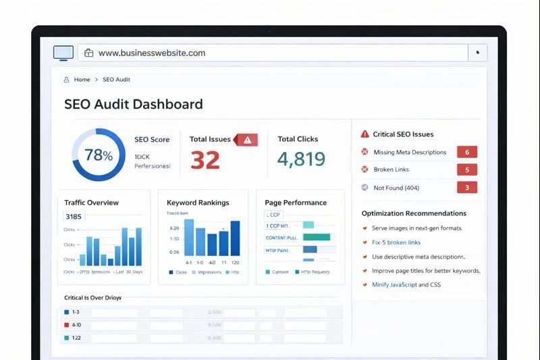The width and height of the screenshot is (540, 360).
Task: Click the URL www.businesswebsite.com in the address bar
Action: point(151,53)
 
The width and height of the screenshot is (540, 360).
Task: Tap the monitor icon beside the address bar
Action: point(63,53)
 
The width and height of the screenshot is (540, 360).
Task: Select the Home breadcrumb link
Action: point(82,80)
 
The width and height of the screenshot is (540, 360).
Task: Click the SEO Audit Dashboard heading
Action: point(133,105)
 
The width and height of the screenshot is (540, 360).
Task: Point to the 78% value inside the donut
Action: point(99,155)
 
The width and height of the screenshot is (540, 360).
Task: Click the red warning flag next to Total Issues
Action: point(246,140)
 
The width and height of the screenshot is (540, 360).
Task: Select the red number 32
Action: point(205,159)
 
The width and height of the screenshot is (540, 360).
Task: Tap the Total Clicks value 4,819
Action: point(301,159)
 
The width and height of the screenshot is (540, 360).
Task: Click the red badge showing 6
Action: point(467,152)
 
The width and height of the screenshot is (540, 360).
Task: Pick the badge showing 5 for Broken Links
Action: point(467,170)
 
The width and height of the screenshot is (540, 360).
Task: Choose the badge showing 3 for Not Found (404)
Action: point(467,188)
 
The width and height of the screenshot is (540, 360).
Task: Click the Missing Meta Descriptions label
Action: point(410,152)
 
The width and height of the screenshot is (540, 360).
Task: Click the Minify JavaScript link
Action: point(395,285)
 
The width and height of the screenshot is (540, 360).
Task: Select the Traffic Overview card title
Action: point(91,203)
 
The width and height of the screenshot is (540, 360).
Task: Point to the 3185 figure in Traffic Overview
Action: point(73,217)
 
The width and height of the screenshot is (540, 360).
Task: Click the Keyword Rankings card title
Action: point(198,203)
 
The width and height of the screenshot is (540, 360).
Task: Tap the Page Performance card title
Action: point(296,203)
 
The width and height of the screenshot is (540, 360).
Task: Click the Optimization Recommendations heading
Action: point(414,213)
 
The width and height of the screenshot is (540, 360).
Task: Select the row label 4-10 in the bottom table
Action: point(76,325)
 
